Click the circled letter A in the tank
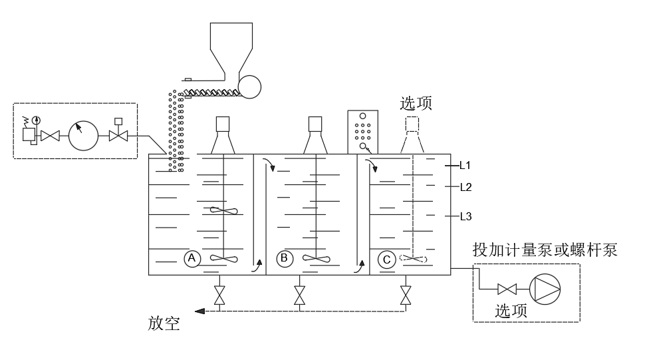[x=192, y=258]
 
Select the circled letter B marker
[x=285, y=258]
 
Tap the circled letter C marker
[x=386, y=259]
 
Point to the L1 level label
[x=465, y=164]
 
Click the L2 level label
[x=465, y=187]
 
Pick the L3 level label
[x=465, y=216]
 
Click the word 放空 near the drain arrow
[x=163, y=324]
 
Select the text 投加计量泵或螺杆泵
[x=545, y=250]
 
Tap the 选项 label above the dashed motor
[x=416, y=103]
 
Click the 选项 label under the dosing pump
[x=511, y=310]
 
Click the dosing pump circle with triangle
[x=545, y=288]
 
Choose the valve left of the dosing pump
[x=507, y=289]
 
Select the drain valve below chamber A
[x=219, y=294]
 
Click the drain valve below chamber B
[x=299, y=294]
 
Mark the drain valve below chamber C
[x=405, y=294]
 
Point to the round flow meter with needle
[x=83, y=136]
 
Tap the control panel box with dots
[x=362, y=130]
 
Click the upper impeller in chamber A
[x=223, y=211]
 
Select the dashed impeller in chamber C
[x=414, y=260]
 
